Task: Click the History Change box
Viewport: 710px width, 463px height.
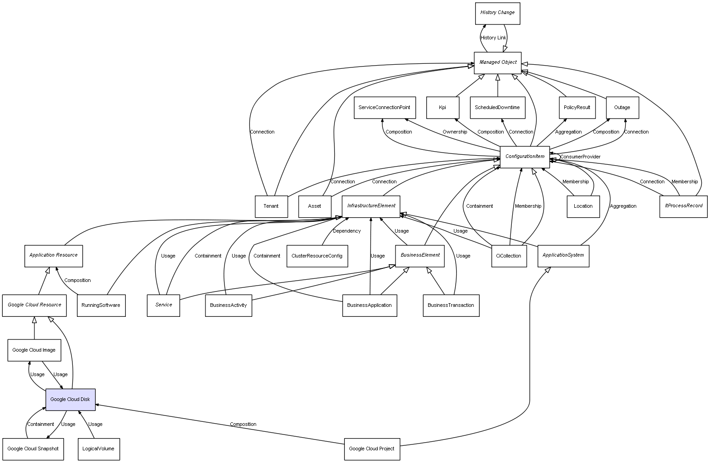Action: coord(497,13)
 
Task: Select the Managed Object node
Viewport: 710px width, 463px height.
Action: coord(497,62)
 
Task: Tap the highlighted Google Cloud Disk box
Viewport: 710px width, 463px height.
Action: coord(70,400)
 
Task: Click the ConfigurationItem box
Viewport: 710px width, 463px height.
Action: coord(524,157)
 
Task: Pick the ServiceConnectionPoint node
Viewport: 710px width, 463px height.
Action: coord(384,108)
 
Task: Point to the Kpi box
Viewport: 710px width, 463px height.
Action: coord(443,108)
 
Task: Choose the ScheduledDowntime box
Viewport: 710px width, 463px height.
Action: coord(497,108)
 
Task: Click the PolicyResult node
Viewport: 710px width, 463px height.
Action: coord(577,108)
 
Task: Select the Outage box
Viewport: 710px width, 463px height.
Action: coord(622,108)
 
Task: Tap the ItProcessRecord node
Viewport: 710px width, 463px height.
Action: coord(683,206)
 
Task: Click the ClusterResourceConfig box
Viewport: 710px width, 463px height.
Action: coord(317,256)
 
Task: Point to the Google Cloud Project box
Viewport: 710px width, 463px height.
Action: coord(372,449)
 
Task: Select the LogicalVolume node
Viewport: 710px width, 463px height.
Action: coord(98,449)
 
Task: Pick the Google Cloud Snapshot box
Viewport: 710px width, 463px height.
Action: coord(33,449)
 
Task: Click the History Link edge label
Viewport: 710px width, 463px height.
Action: coord(493,38)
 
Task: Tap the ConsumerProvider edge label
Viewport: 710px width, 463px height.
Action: coord(580,157)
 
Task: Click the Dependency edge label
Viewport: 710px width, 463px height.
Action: coord(347,231)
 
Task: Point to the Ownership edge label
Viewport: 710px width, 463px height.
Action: coord(454,132)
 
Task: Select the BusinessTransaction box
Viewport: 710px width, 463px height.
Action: coord(451,305)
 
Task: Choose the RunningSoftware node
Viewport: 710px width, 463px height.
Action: coord(101,305)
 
